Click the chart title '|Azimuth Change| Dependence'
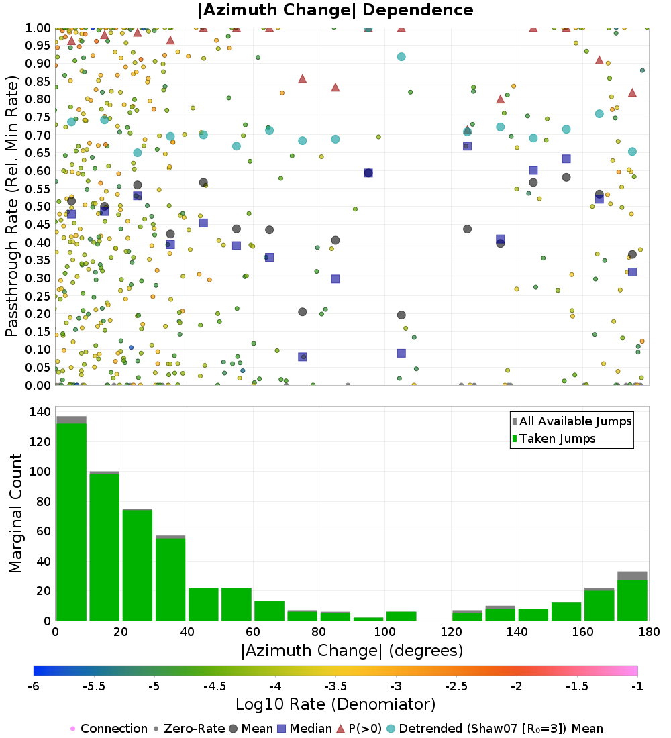pos(335,11)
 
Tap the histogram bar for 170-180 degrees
pos(632,597)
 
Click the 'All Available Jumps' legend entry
pos(575,421)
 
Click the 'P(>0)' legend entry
pos(369,729)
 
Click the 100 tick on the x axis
pos(384,632)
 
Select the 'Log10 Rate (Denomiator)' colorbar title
pos(335,704)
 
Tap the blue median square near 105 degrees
pos(401,353)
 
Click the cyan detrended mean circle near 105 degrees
pos(401,57)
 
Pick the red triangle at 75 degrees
pos(303,78)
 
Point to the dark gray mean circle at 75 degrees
pos(303,312)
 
